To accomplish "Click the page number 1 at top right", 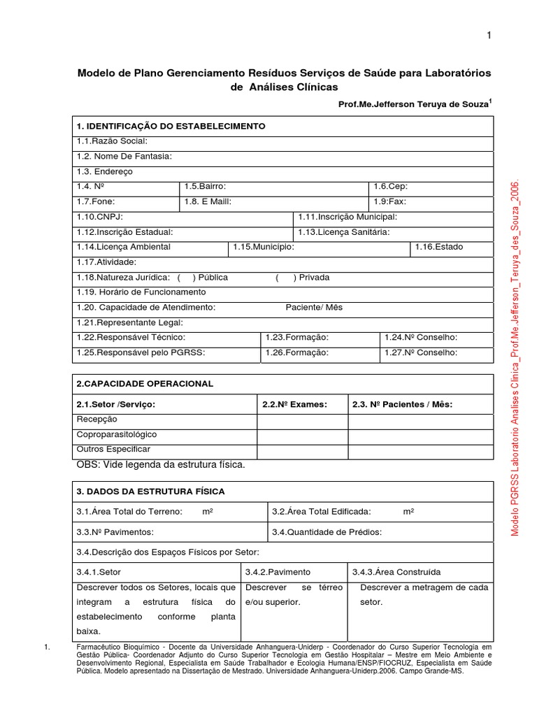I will click(x=489, y=37).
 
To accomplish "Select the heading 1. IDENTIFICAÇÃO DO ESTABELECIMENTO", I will click(x=171, y=127).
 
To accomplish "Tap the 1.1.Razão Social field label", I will click(x=112, y=141).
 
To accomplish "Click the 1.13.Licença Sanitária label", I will click(x=343, y=232).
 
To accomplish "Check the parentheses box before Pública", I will click(x=185, y=278).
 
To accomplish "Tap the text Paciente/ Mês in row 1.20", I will click(x=314, y=308).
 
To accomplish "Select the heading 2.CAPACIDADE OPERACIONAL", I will click(x=145, y=384).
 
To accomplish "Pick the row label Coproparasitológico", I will click(x=117, y=434).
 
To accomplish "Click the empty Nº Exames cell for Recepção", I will click(x=302, y=420).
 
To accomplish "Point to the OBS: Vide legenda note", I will click(x=161, y=464).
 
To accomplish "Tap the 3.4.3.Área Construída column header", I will click(x=396, y=572).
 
